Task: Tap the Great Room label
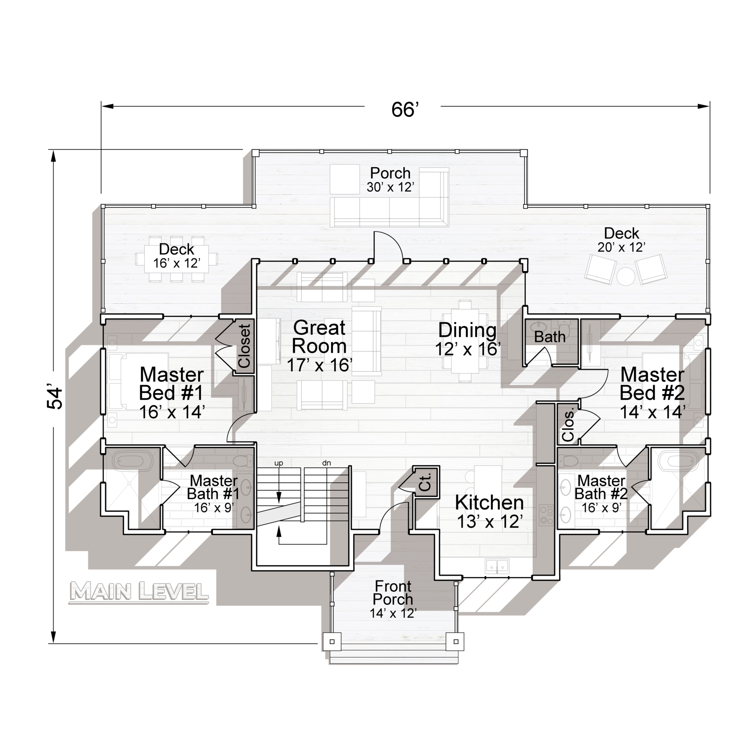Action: pyautogui.click(x=319, y=337)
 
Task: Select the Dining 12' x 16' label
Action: pyautogui.click(x=468, y=339)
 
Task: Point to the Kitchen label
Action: pyautogui.click(x=489, y=503)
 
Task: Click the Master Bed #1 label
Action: pyautogui.click(x=172, y=384)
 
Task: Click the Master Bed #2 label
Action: pyautogui.click(x=652, y=384)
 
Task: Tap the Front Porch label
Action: pyautogui.click(x=393, y=593)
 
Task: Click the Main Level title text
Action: pyautogui.click(x=139, y=592)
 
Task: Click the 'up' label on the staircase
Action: pyautogui.click(x=279, y=463)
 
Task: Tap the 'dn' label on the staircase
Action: pyautogui.click(x=326, y=463)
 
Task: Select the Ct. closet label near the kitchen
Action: pyautogui.click(x=425, y=482)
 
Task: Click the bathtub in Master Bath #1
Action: pyautogui.click(x=133, y=461)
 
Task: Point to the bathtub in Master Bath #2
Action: pyautogui.click(x=678, y=461)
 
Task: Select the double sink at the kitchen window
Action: pyautogui.click(x=497, y=566)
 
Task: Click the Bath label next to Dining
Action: pyautogui.click(x=549, y=337)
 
